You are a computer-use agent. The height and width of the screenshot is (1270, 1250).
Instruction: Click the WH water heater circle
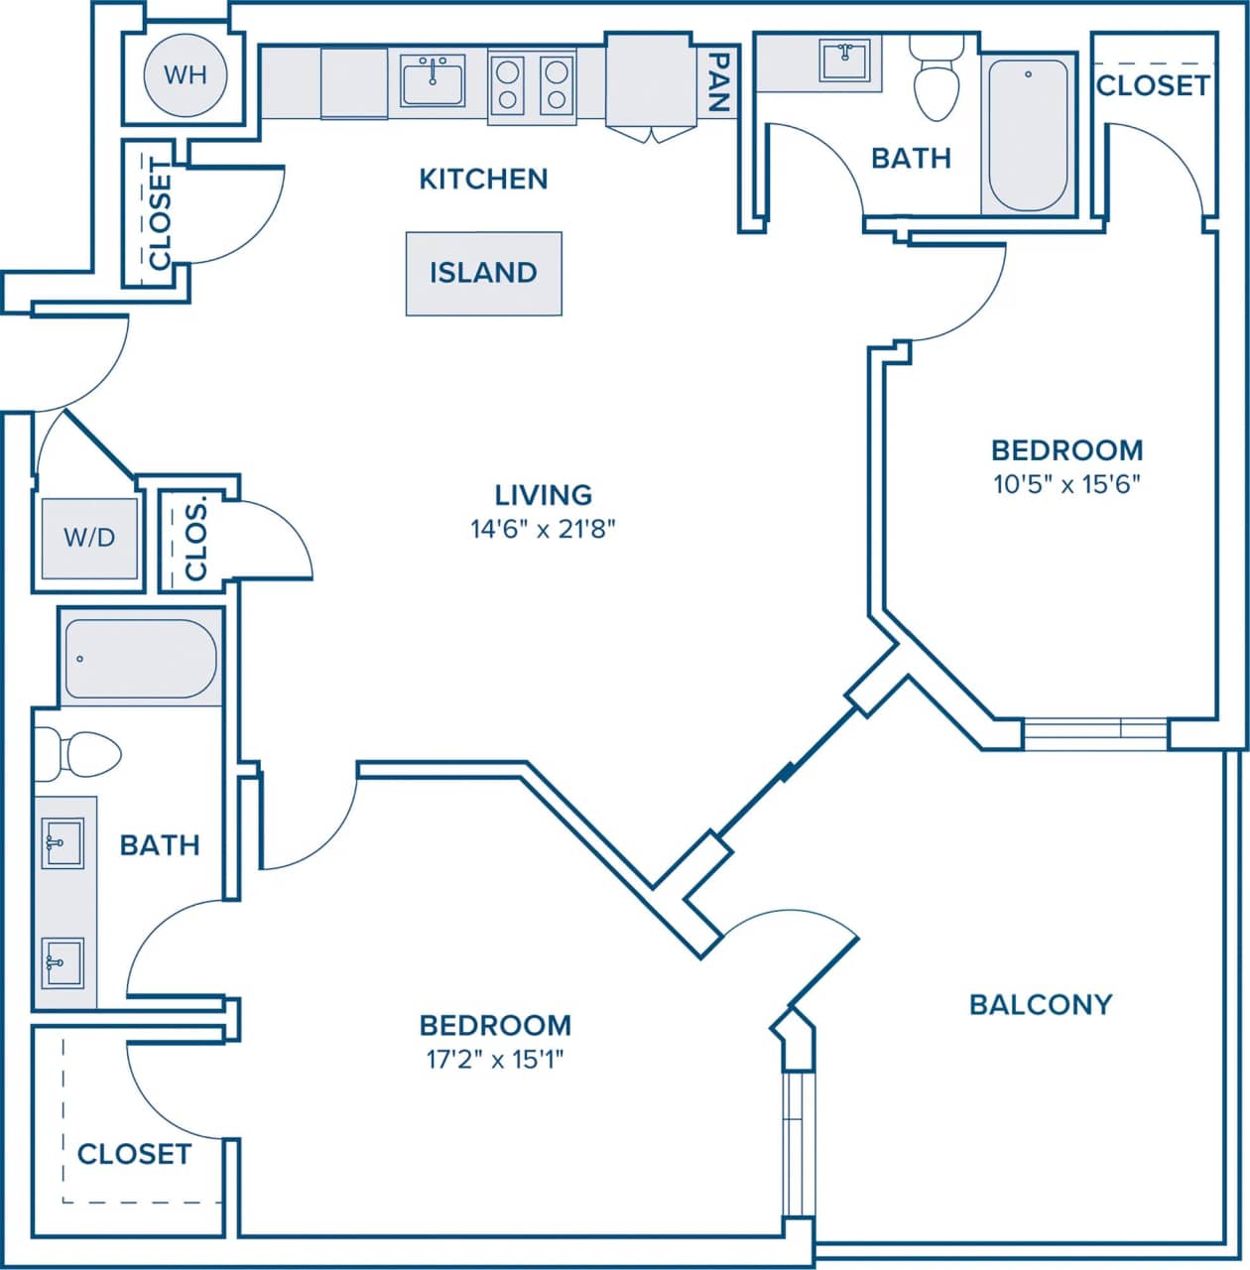coord(186,75)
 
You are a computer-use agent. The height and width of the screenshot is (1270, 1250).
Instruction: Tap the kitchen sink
coord(433,81)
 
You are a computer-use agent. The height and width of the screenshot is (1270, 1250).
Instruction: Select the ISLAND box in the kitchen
coord(483,273)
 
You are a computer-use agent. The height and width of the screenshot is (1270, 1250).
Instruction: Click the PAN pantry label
coord(719,82)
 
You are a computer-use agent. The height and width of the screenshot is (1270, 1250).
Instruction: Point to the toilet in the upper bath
coord(936,79)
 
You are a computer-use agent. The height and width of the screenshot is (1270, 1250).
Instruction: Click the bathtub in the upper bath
coord(1028,135)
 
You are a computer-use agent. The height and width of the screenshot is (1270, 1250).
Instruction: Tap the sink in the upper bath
coord(844,60)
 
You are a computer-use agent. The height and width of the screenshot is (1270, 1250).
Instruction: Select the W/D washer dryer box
coord(89,538)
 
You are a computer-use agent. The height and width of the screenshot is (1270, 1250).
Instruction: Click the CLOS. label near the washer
coord(195,540)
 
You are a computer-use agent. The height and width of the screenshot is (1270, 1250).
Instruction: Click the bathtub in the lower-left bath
coord(140,659)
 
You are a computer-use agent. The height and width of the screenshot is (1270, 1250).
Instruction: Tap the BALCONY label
coord(1041,1005)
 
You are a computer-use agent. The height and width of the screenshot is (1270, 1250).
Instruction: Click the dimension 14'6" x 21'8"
coord(543,529)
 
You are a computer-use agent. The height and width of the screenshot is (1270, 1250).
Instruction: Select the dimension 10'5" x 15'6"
coord(1066,485)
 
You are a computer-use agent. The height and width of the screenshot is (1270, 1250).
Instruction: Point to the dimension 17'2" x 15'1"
coord(495,1060)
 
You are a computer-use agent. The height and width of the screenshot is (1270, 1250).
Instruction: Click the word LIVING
coord(543,494)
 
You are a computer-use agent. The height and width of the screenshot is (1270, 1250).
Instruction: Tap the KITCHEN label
coord(483,179)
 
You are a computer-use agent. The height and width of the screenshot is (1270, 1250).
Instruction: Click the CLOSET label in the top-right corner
coord(1153,85)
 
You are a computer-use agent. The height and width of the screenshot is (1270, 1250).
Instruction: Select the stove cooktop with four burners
coord(532,85)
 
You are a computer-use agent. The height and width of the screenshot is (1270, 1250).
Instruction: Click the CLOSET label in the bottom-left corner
coord(134,1154)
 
